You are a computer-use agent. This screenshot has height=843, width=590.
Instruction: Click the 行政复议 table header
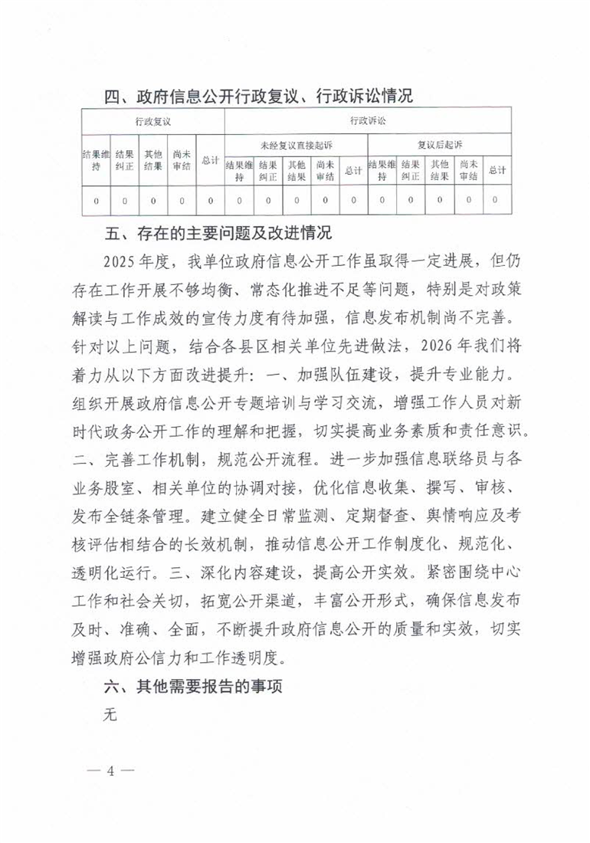coord(152,121)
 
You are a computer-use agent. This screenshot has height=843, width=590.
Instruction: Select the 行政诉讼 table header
coord(367,121)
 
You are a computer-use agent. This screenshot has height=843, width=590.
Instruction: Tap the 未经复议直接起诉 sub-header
coord(296,144)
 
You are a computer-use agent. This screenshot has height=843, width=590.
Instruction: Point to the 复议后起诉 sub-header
coord(439,144)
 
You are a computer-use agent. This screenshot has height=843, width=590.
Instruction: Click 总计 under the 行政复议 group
coord(210,162)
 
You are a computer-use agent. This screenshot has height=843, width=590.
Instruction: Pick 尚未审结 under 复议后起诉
coord(467,169)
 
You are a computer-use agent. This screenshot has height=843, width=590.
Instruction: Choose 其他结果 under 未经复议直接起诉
coord(296,169)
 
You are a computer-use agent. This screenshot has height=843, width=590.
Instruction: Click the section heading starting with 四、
coord(258,97)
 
